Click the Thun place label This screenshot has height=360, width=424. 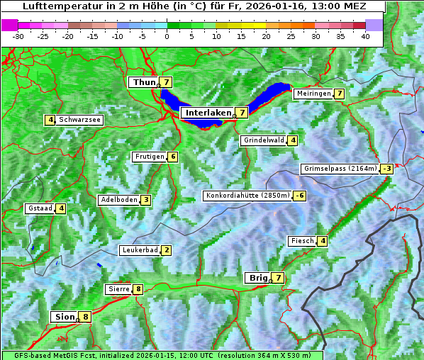coord(143,82)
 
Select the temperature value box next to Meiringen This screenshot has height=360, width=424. coord(340,94)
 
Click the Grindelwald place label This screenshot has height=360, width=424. coord(264,140)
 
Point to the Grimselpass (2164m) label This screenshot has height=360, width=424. coord(340,169)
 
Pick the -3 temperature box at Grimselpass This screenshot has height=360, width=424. coord(386,169)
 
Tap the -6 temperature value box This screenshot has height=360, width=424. coord(301,196)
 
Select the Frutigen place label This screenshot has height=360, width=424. coord(149,157)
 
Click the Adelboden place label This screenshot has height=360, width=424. coord(118,200)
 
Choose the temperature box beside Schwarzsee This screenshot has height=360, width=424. coord(50,120)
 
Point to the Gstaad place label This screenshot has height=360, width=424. coord(40,208)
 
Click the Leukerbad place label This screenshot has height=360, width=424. coord(139,250)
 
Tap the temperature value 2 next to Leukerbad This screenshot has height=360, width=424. coord(166,250)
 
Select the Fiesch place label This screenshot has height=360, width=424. coord(301,241)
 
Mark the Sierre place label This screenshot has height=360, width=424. coord(118,289)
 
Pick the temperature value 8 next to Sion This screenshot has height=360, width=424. coord(86,317)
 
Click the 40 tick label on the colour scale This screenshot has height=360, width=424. coord(365,36)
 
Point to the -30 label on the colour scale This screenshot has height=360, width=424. coord(18,36)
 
